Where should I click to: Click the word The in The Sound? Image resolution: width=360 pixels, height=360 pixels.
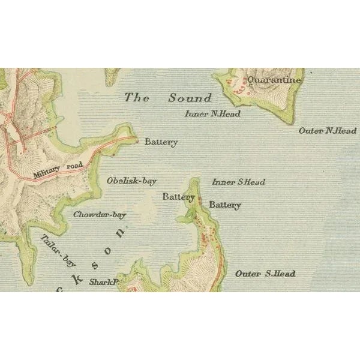(137, 98)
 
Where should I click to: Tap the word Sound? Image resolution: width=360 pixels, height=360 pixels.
(190, 98)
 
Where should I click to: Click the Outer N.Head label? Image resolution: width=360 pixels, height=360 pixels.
(328, 130)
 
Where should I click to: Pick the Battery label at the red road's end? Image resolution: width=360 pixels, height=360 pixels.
(161, 142)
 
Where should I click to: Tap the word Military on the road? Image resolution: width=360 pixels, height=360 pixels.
(47, 173)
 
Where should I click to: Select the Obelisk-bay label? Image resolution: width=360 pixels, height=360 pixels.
(131, 180)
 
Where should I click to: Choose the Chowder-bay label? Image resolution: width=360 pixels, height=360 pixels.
(100, 214)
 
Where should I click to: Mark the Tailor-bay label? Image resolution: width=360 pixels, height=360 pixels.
(58, 249)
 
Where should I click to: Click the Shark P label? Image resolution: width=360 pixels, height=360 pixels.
(101, 281)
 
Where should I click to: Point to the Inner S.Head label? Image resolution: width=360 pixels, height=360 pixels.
(238, 182)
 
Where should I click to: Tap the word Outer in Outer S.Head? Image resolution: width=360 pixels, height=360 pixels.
(247, 274)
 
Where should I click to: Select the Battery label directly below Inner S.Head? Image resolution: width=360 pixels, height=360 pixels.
(225, 205)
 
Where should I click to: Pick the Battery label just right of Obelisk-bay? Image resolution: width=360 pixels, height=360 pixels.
(178, 196)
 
